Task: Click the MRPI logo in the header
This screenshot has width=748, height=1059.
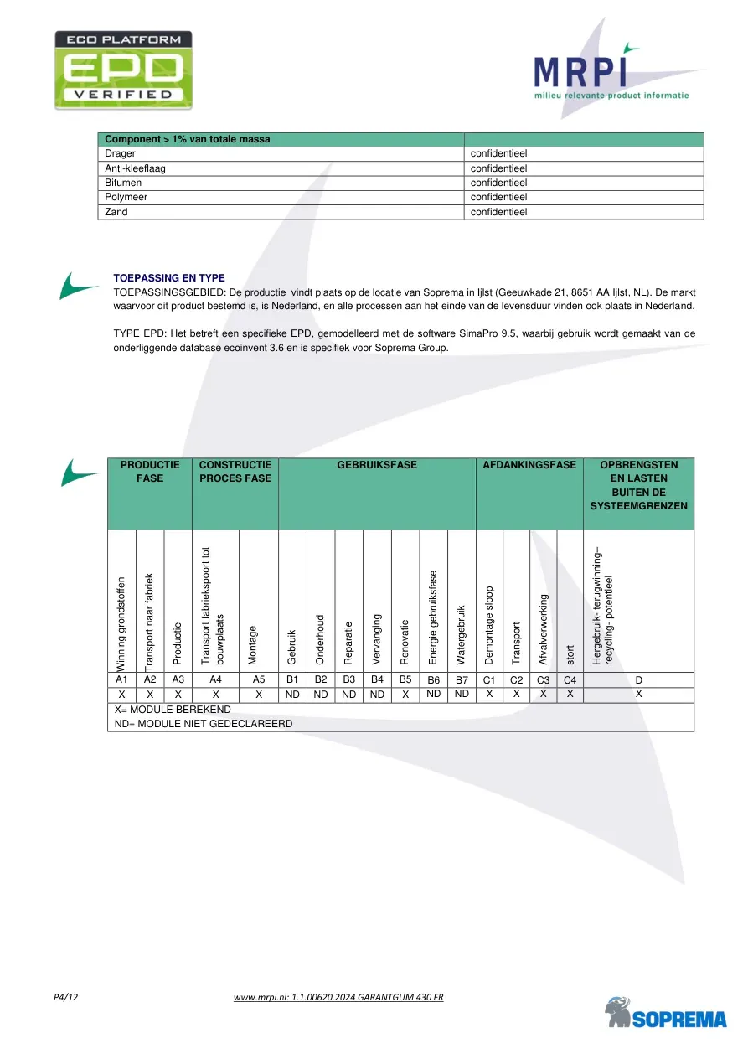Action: (x=611, y=75)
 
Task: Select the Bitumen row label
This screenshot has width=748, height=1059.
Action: (x=123, y=183)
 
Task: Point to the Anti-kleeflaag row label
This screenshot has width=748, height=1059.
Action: (x=135, y=168)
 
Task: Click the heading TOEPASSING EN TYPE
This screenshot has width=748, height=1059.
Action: (x=168, y=278)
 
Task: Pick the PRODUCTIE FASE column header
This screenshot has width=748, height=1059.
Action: (x=150, y=471)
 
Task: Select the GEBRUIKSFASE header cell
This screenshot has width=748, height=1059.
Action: (x=377, y=464)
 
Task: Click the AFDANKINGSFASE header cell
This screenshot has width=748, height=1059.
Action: (x=529, y=464)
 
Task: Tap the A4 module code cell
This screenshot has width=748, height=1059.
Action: (x=215, y=679)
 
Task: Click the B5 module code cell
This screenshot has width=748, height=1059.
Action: (x=405, y=679)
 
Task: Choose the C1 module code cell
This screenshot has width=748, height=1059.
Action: (x=489, y=680)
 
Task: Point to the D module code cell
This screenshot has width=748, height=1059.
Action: (x=638, y=680)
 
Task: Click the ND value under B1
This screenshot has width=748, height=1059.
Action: (x=292, y=695)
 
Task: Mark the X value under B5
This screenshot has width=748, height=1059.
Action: (x=405, y=695)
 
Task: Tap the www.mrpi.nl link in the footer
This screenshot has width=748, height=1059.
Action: (x=338, y=997)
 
